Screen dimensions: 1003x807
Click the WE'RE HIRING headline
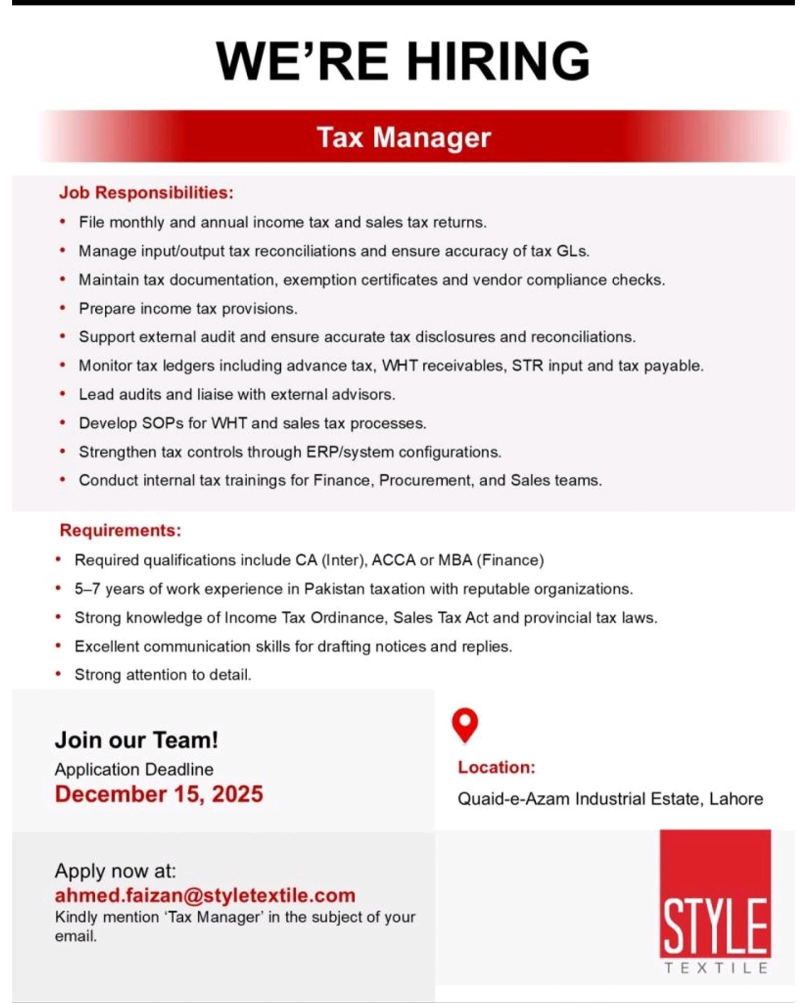pyautogui.click(x=403, y=61)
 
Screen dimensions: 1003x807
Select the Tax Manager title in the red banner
pyautogui.click(x=403, y=137)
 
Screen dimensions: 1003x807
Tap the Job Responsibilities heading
pyautogui.click(x=146, y=193)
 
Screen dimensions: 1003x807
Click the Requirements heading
pyautogui.click(x=120, y=530)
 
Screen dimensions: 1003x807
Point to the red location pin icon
pyautogui.click(x=465, y=724)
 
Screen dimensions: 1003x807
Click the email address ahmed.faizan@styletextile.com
pyautogui.click(x=205, y=895)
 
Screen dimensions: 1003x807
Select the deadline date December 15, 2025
pyautogui.click(x=159, y=794)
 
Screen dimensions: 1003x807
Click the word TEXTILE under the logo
pyautogui.click(x=716, y=968)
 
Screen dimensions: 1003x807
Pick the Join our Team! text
pyautogui.click(x=136, y=740)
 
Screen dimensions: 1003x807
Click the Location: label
pyautogui.click(x=497, y=767)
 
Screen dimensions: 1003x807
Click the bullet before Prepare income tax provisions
pyautogui.click(x=63, y=308)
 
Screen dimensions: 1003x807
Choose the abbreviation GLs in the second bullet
pyautogui.click(x=572, y=251)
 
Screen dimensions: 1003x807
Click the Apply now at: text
pyautogui.click(x=115, y=871)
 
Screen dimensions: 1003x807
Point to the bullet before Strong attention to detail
pyautogui.click(x=58, y=674)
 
